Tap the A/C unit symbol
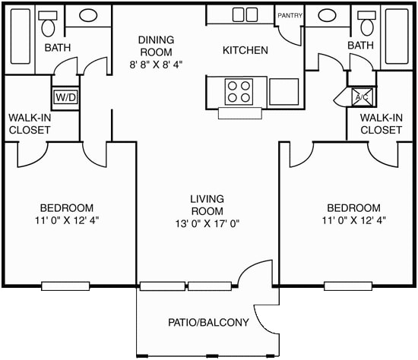pos(362,97)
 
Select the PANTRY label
pos(290,15)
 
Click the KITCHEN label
pos(245,51)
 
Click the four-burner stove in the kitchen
pos(239,91)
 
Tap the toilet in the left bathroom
pos(50,26)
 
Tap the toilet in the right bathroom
pos(368,26)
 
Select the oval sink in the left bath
pos(88,15)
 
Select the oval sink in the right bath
pos(328,15)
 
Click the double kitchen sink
pos(244,14)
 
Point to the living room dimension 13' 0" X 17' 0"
pos(207,224)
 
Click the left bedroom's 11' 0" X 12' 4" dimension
pos(67,220)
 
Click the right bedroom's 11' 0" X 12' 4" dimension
pos(353,220)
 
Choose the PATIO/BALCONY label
pos(208,323)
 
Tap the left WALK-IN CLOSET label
pos(30,124)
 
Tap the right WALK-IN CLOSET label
pos(381,124)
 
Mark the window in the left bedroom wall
pos(66,286)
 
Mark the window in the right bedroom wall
pos(349,286)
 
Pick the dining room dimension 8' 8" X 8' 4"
pos(156,65)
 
